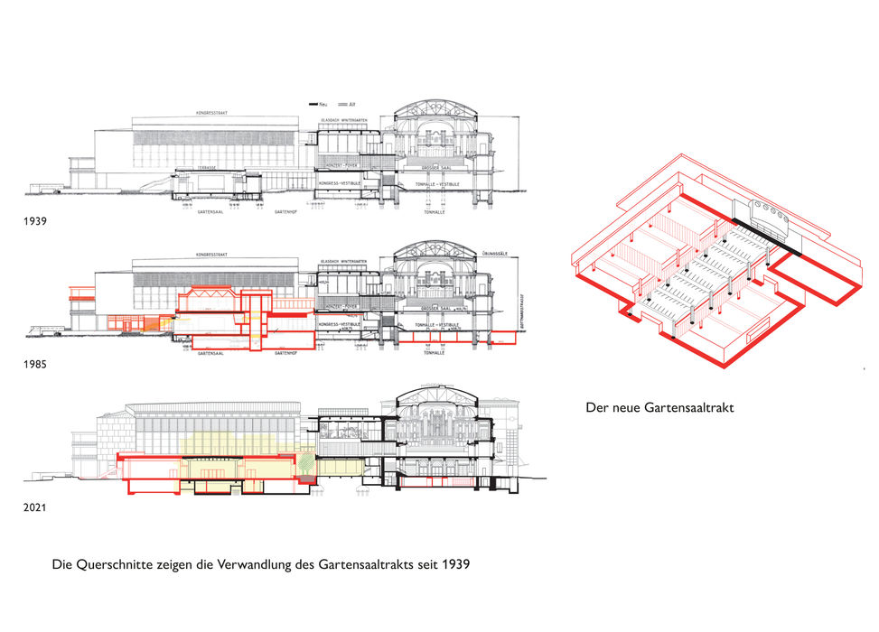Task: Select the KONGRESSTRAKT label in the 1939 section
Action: point(198,113)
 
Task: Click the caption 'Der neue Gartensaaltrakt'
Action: point(659,408)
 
